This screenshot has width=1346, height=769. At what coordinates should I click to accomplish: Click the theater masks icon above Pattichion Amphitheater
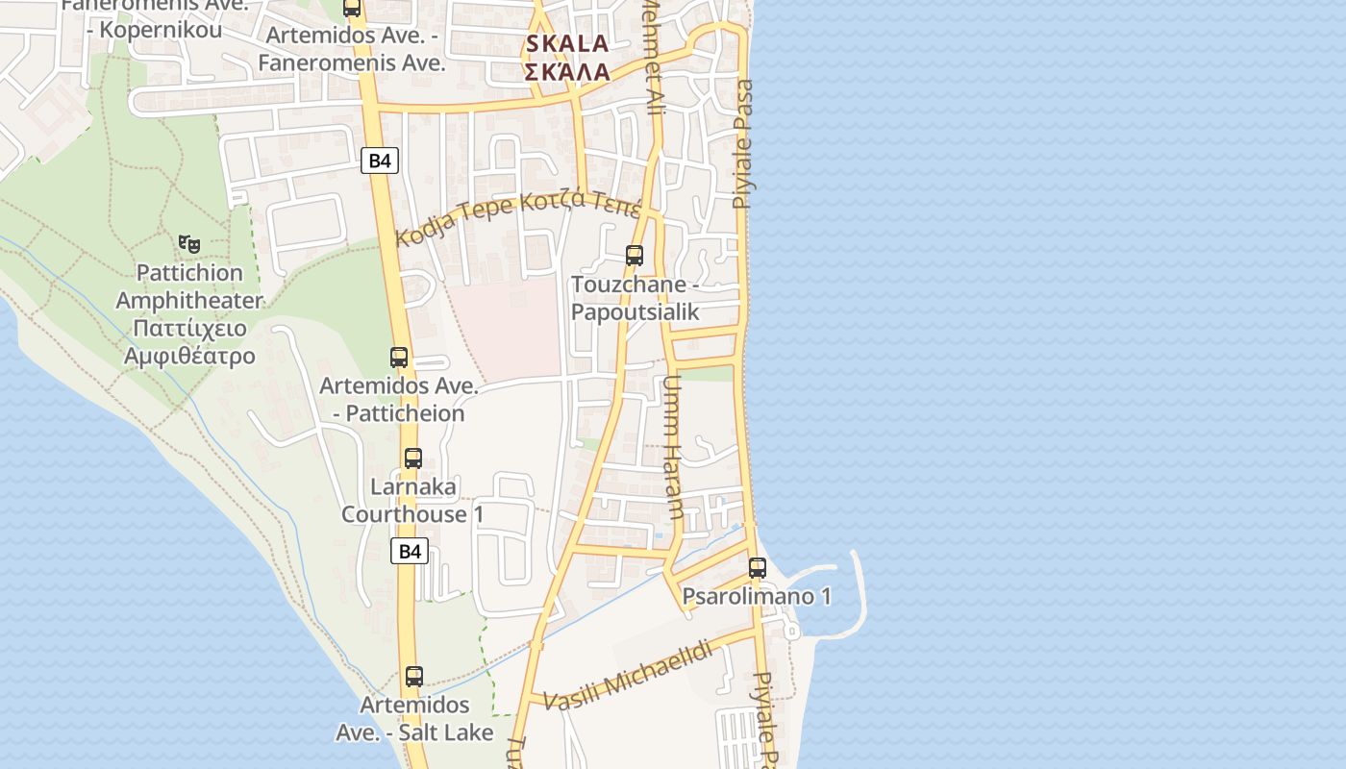(189, 244)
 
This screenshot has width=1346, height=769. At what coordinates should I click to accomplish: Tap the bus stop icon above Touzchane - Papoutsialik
(635, 256)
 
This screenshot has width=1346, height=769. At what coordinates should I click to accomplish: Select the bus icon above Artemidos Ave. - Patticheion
(399, 358)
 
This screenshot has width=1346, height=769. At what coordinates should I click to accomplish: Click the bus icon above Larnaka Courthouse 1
(413, 459)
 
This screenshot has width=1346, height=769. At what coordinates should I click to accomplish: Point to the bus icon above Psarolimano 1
(758, 568)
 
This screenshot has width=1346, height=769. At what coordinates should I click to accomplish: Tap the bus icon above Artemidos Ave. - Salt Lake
(414, 677)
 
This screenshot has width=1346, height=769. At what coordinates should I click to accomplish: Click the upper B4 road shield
(380, 161)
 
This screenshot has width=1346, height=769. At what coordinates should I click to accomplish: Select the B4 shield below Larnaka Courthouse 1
(410, 551)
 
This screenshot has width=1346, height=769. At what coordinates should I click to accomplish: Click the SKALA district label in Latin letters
(567, 43)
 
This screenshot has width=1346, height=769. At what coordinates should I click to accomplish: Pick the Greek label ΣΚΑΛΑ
(567, 72)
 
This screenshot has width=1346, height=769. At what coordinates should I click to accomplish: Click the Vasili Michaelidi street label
(630, 676)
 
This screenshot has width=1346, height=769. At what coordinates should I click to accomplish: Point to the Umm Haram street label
(672, 447)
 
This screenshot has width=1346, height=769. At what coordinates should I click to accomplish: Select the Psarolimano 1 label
(757, 597)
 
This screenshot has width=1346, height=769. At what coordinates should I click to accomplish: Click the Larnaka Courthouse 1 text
(412, 501)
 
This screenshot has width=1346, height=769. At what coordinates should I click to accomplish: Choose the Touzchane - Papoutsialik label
(635, 298)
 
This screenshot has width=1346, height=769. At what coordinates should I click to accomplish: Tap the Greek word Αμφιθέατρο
(189, 356)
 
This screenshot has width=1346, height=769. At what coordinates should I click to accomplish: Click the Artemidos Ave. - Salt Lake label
(414, 719)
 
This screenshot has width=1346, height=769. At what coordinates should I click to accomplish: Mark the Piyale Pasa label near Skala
(742, 144)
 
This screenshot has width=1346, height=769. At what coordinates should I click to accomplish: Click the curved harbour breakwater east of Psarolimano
(859, 596)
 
